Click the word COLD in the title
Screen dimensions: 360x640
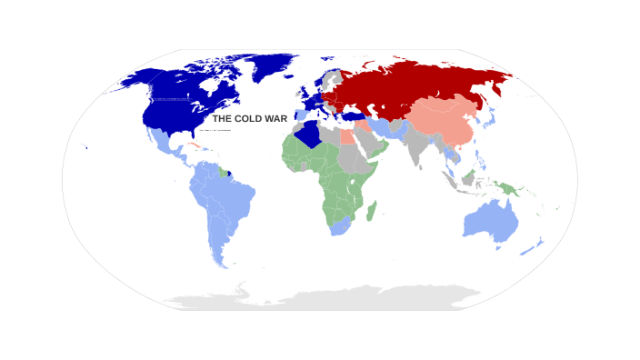pos(250,119)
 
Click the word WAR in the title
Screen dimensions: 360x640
pos(276,119)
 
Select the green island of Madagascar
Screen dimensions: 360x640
pos(371,212)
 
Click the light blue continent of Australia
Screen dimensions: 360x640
pos(491,221)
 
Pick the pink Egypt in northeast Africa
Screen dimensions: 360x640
pos(347,138)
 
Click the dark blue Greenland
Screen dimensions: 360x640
pos(273,64)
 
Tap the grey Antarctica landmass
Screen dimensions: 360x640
pos(327,297)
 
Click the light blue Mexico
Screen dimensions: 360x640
pos(166,144)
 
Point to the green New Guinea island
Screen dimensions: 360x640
pos(506,188)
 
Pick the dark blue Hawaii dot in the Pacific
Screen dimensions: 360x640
pos(85,147)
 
